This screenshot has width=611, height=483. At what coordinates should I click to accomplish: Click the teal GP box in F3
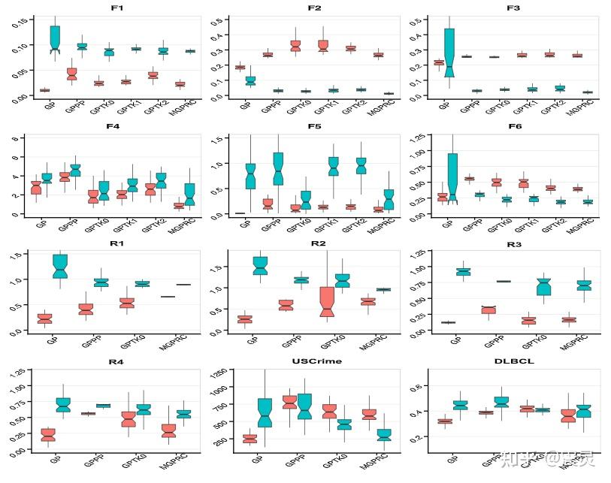click(x=449, y=53)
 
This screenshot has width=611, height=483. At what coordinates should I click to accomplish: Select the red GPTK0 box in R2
click(x=326, y=300)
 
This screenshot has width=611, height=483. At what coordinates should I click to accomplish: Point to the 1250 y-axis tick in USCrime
click(x=220, y=374)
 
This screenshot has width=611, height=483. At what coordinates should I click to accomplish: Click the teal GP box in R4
click(x=63, y=404)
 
